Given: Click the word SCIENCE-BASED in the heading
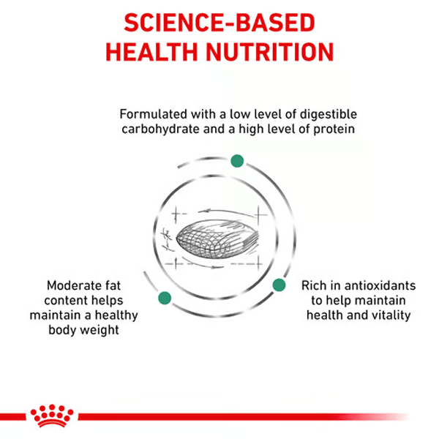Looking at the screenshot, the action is (219, 23).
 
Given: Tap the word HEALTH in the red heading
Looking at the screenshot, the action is (151, 52).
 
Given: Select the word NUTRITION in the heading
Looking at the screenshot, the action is (270, 52).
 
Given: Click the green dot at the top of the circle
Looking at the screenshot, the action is (237, 161).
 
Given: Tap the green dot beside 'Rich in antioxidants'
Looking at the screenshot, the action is (279, 285).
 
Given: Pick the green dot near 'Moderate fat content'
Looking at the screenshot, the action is (165, 298).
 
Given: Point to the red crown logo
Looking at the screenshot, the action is (52, 416).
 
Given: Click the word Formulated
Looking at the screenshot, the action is (154, 114).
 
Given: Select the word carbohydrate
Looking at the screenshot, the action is (160, 129).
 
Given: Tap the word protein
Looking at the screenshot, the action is (334, 130).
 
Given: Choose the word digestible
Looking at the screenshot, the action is (328, 115).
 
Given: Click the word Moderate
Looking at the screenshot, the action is (74, 285).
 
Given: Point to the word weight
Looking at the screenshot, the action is (100, 330).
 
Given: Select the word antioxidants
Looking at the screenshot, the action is (380, 285).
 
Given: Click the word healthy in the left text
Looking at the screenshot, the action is (116, 315).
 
